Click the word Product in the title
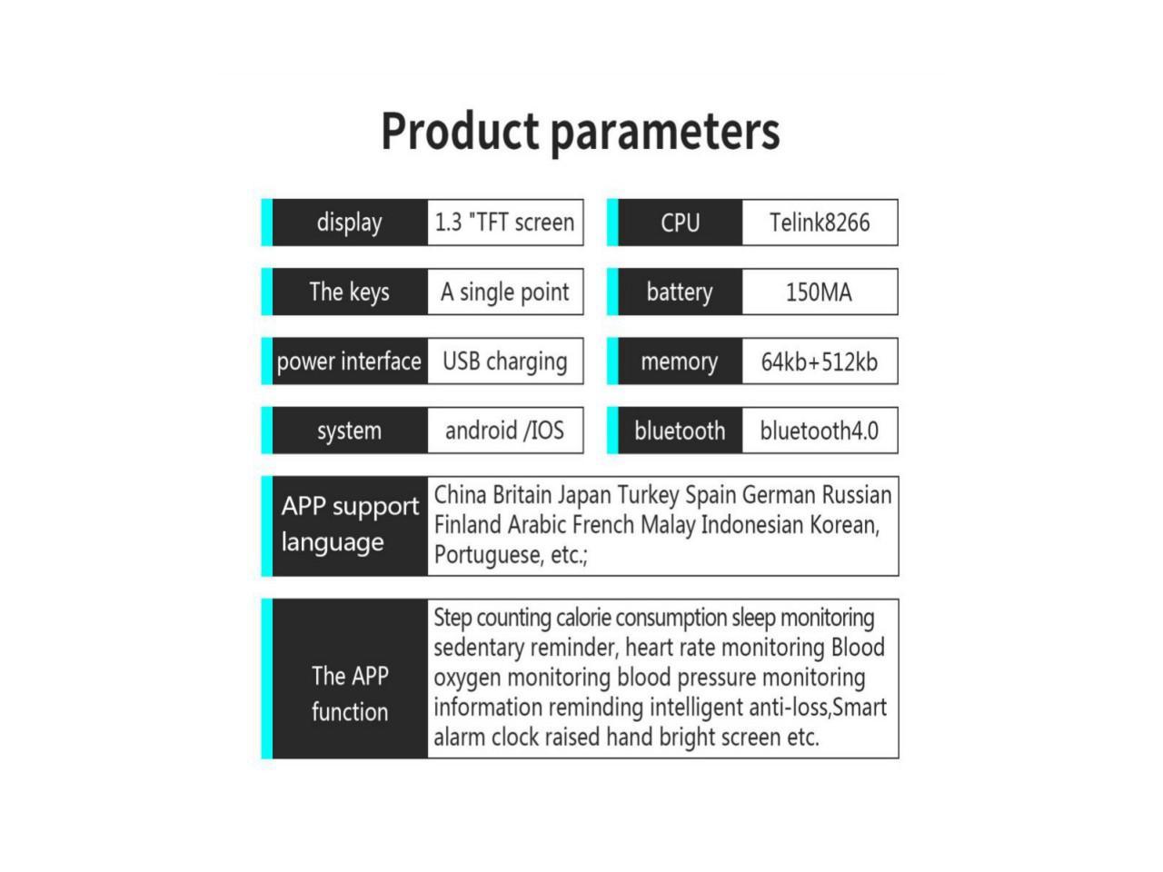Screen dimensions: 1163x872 [460, 131]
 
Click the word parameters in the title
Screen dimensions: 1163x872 [665, 134]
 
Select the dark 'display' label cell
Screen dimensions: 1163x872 [350, 223]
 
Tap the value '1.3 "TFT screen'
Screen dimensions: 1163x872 [504, 223]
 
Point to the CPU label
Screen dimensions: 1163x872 [680, 223]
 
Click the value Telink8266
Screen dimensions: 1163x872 [820, 223]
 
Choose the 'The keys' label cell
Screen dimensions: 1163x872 [350, 292]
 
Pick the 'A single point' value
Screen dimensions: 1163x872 [504, 292]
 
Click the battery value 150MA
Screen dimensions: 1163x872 [819, 292]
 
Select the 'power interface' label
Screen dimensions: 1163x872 [349, 362]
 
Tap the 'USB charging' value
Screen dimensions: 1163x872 [504, 362]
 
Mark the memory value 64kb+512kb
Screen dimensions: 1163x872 [820, 362]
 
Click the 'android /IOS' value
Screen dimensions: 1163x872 [504, 431]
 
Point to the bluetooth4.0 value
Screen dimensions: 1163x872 [820, 431]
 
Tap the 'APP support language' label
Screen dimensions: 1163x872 [350, 524]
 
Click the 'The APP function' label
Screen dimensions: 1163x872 [350, 694]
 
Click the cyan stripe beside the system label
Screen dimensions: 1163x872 [267, 431]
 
